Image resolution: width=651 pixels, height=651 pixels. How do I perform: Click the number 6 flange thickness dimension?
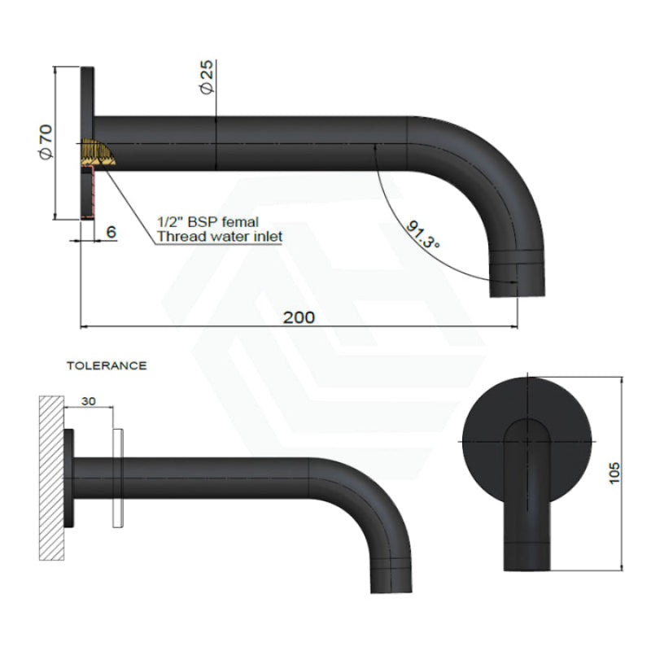coord(111,232)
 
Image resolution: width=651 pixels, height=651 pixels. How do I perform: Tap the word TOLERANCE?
coord(107,366)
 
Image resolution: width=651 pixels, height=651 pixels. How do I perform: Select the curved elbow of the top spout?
coord(488,171)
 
